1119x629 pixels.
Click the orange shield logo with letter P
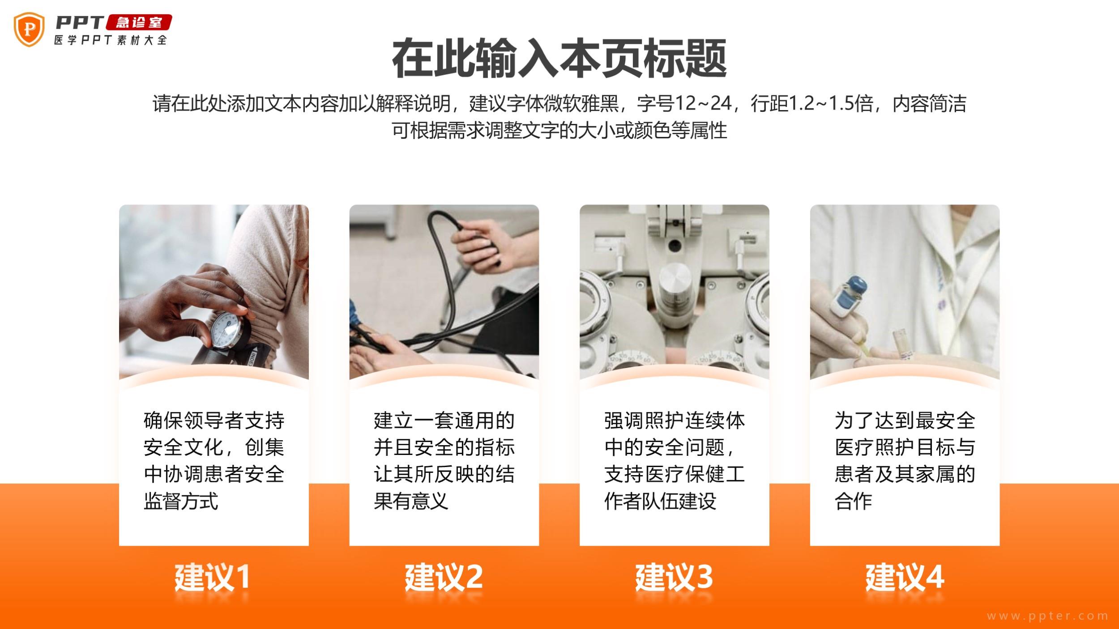pyautogui.click(x=29, y=30)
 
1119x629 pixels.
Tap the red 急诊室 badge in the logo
pyautogui.click(x=139, y=22)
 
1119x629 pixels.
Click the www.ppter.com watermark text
pyautogui.click(x=1047, y=616)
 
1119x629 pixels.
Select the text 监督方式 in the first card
pyautogui.click(x=181, y=501)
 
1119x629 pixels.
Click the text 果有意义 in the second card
pyautogui.click(x=411, y=501)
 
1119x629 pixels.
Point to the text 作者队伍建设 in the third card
pyautogui.click(x=660, y=501)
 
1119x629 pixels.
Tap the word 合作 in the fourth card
pyautogui.click(x=853, y=501)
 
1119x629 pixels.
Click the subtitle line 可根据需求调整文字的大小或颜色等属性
pyautogui.click(x=559, y=130)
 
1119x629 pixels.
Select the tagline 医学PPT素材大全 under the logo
pyautogui.click(x=111, y=40)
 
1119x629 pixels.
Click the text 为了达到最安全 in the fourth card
pyautogui.click(x=905, y=421)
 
